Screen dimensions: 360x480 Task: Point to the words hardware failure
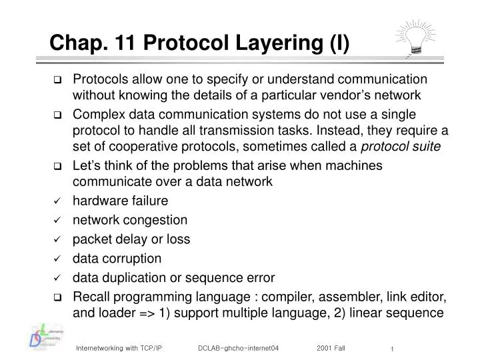120,201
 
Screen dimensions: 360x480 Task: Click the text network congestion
130,220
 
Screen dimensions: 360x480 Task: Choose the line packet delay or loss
131,239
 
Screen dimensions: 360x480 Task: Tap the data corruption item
117,258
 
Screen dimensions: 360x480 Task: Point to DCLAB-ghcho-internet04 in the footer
238,347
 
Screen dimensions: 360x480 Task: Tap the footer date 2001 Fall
331,347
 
